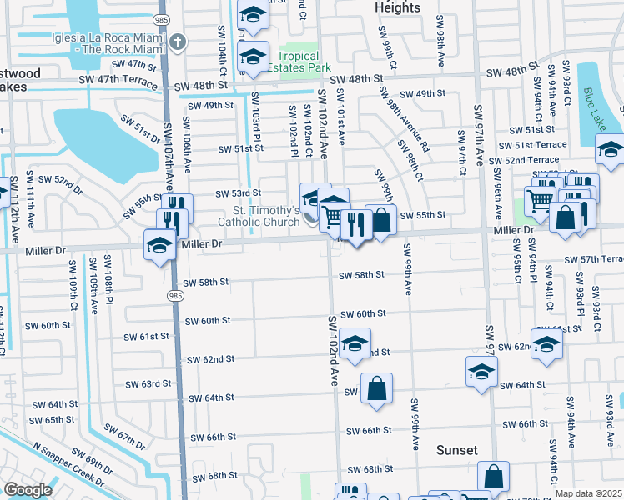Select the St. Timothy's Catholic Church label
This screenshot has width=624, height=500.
tap(259, 217)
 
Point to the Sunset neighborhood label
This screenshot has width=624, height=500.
tap(457, 450)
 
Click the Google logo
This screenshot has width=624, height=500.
tap(28, 490)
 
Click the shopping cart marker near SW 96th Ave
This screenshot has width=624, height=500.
tap(540, 202)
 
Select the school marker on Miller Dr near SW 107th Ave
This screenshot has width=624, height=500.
tap(159, 244)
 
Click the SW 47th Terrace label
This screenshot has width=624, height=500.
tap(118, 82)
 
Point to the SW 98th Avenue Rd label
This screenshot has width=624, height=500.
tap(408, 126)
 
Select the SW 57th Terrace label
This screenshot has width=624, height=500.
tap(594, 259)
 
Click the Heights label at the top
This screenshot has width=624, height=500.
tap(397, 7)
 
